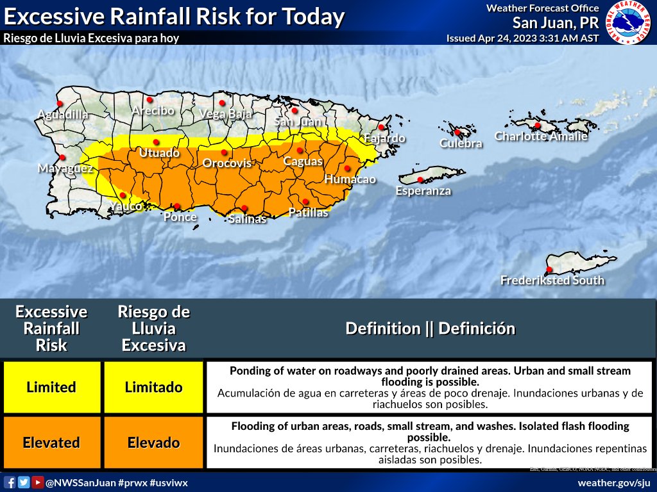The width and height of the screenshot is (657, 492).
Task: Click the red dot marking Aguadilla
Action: pyautogui.click(x=60, y=103)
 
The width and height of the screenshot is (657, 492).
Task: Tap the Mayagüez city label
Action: pyautogui.click(x=65, y=168)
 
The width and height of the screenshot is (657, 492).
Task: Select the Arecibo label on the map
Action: pyautogui.click(x=153, y=111)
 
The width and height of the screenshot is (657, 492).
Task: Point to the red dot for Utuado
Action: pyautogui.click(x=155, y=142)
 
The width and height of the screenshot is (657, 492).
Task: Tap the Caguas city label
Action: pyautogui.click(x=303, y=161)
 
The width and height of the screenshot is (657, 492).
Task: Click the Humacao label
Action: pyautogui.click(x=350, y=179)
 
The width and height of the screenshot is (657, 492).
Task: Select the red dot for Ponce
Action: pyautogui.click(x=177, y=206)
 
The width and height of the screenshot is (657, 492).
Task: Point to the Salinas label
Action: pyautogui.click(x=247, y=219)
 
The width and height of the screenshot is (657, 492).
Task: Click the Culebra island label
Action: pyautogui.click(x=461, y=143)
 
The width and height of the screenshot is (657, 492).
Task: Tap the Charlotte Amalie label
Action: pyautogui.click(x=541, y=136)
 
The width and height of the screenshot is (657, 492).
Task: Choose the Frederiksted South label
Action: pyautogui.click(x=552, y=281)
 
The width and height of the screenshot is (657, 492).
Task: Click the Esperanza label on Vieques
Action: pyautogui.click(x=423, y=191)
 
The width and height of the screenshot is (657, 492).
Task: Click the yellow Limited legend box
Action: pyautogui.click(x=51, y=387)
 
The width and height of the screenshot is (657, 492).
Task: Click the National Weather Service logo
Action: pyautogui.click(x=627, y=23)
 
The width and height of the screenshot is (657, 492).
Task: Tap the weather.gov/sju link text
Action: pyautogui.click(x=614, y=482)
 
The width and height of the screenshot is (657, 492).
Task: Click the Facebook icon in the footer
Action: pyautogui.click(x=10, y=482)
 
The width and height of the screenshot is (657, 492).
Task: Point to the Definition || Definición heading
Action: pyautogui.click(x=430, y=329)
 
